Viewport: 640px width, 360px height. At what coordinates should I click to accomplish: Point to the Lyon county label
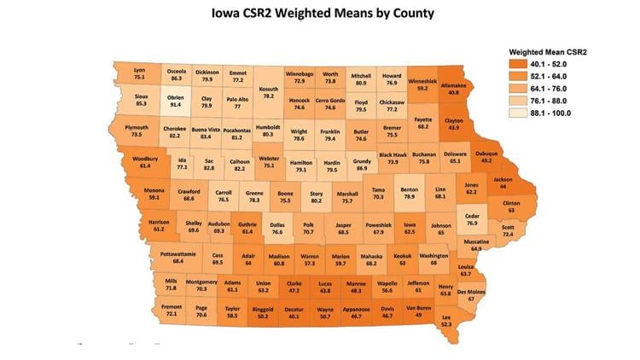point(139,69)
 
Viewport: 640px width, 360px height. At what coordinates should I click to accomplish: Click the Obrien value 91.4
point(175,98)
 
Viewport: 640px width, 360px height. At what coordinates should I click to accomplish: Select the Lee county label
point(445,316)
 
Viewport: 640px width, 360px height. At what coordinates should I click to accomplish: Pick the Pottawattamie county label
point(177,254)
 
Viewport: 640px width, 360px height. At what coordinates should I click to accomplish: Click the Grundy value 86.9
point(362,169)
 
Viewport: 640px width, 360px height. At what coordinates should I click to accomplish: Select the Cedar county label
point(472,216)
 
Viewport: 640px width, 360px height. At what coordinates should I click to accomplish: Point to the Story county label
point(316,194)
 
